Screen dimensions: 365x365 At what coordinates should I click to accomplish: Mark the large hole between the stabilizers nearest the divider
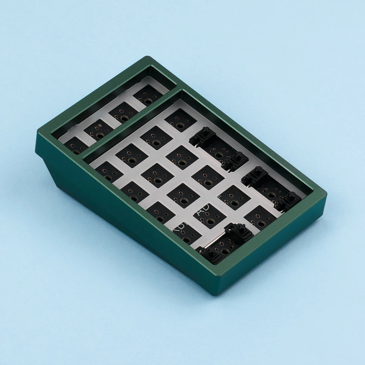[x=219, y=155]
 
